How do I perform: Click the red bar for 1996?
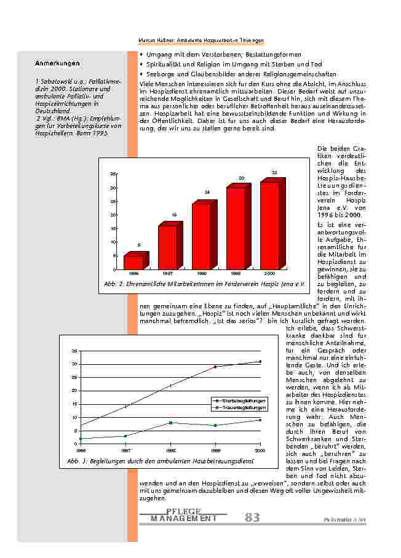[134, 262]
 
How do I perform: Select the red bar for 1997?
[168, 247]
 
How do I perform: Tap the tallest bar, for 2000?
[271, 225]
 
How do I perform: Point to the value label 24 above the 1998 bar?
[207, 193]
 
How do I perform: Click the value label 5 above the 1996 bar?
[139, 245]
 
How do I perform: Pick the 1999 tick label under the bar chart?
[236, 272]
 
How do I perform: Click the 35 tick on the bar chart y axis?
[113, 174]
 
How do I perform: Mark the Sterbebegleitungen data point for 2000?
[260, 362]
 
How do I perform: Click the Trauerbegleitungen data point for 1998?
[170, 423]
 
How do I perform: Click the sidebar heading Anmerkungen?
[57, 63]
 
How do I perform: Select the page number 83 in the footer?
[252, 518]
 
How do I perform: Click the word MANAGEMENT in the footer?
[183, 519]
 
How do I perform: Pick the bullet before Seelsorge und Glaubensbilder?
[142, 74]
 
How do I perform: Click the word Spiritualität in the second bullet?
[165, 64]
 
